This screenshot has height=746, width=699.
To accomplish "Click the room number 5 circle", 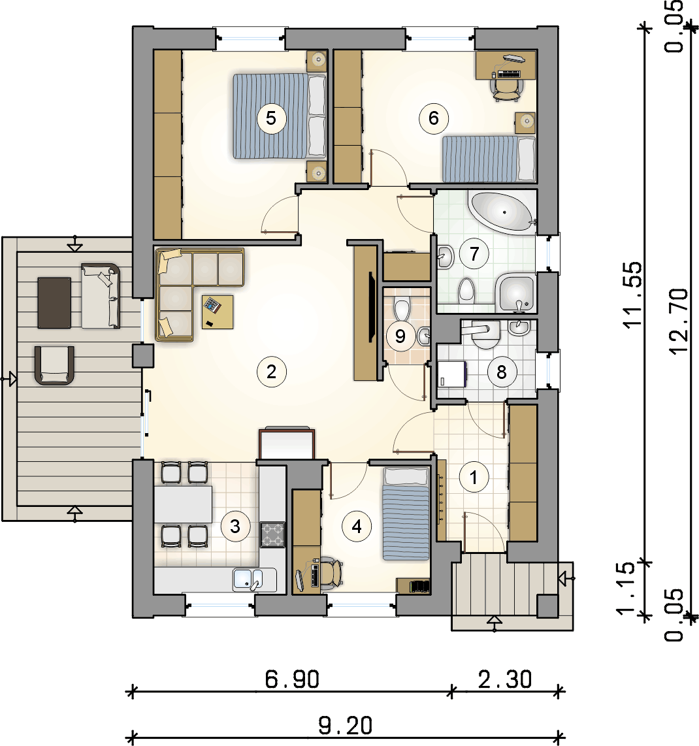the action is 271,118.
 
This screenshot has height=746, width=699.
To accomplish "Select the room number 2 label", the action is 271,372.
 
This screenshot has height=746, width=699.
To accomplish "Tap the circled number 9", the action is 400,336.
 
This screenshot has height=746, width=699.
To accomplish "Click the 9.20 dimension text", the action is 346,726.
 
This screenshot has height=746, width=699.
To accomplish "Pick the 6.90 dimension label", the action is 292,679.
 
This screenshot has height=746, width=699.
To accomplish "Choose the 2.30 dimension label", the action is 505,679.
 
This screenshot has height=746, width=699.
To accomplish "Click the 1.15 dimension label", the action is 625,588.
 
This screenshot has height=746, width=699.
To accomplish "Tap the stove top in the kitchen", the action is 272,534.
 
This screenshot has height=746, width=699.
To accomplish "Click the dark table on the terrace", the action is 54,302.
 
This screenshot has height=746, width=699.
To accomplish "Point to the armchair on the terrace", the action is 54,365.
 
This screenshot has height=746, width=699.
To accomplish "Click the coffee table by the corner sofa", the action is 218,312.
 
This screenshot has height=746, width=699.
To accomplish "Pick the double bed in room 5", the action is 280,116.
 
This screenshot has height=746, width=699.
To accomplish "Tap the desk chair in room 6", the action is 506,89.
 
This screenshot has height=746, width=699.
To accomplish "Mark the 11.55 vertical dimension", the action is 632,295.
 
